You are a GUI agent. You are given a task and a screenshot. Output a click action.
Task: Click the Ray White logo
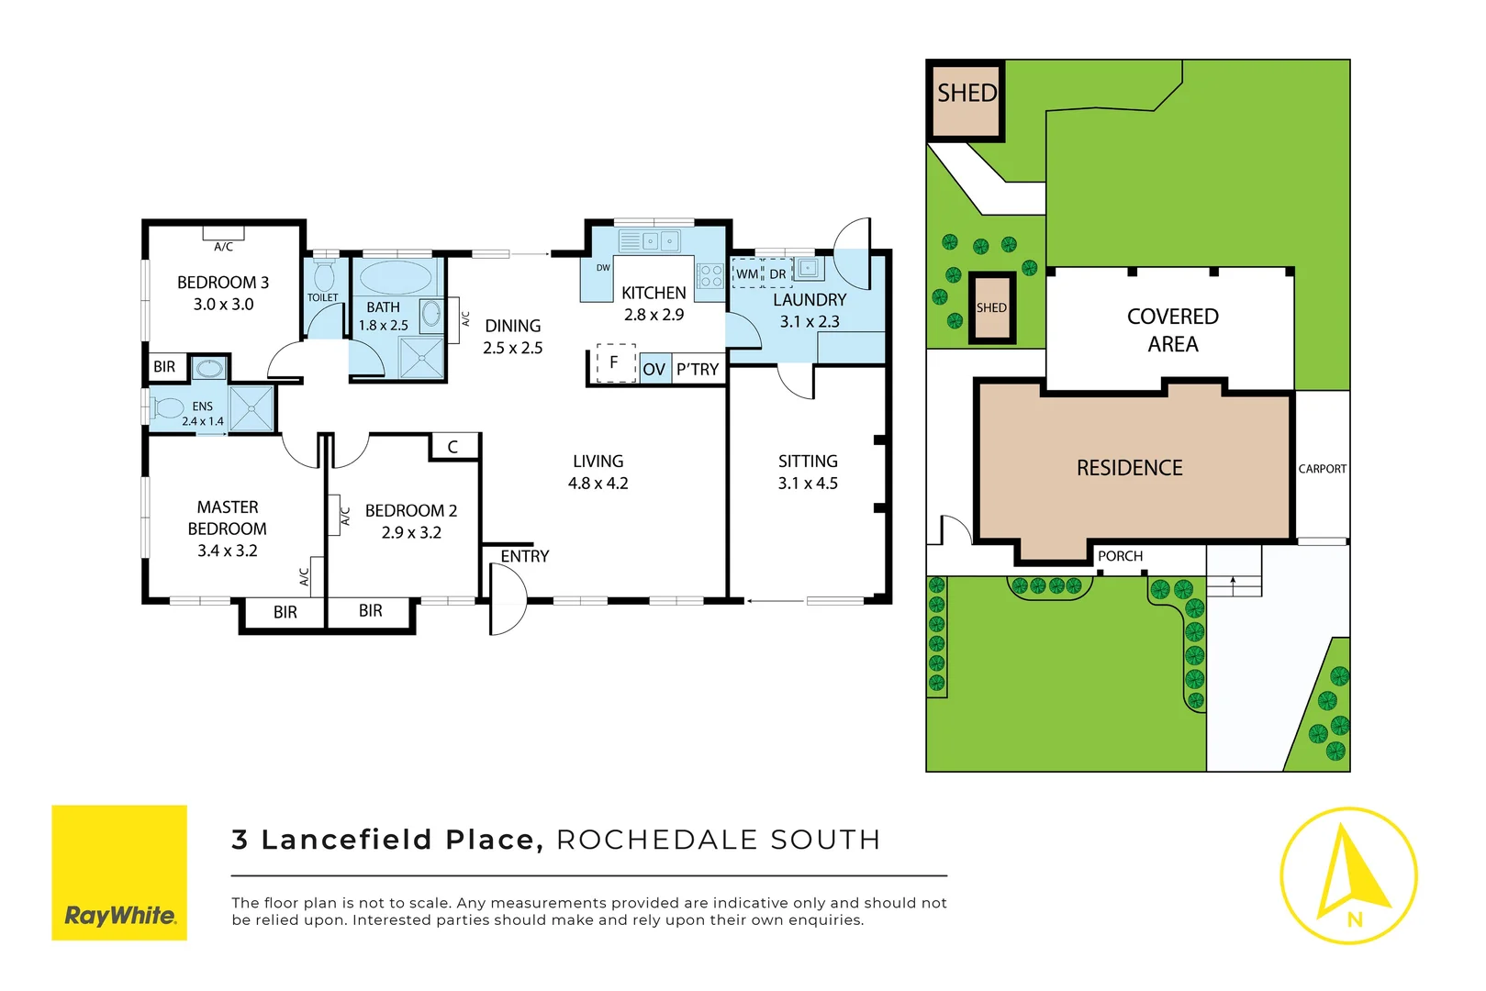pyautogui.click(x=119, y=873)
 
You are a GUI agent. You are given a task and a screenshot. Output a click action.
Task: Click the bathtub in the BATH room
pyautogui.click(x=397, y=278)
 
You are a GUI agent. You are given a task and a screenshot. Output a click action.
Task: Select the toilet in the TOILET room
pyautogui.click(x=324, y=275)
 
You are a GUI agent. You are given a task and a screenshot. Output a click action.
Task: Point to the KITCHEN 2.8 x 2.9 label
pyautogui.click(x=654, y=304)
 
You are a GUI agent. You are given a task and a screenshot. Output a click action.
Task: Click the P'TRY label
pyautogui.click(x=698, y=370)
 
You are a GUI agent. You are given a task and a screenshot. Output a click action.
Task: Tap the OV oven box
pyautogui.click(x=654, y=370)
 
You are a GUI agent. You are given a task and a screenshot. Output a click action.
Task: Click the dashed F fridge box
pyautogui.click(x=615, y=362)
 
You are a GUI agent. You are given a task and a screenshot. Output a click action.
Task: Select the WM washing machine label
pyautogui.click(x=747, y=274)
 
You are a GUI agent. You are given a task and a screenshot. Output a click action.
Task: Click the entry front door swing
pyautogui.click(x=507, y=599)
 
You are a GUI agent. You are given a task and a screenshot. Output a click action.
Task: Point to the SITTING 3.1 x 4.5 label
pyautogui.click(x=808, y=473)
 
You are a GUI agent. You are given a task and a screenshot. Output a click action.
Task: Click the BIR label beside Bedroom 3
pyautogui.click(x=164, y=367)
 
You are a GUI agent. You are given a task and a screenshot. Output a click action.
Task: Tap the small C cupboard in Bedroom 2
pyautogui.click(x=453, y=447)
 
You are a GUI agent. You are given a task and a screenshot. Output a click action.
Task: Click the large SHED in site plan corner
pyautogui.click(x=966, y=100)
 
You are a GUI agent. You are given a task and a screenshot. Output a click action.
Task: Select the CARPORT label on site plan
pyautogui.click(x=1322, y=469)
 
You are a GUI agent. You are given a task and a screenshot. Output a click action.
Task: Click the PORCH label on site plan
pyautogui.click(x=1120, y=556)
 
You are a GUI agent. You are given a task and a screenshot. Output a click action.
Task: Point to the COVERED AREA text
pyautogui.click(x=1172, y=330)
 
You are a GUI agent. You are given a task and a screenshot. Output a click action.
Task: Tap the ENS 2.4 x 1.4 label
pyautogui.click(x=203, y=414)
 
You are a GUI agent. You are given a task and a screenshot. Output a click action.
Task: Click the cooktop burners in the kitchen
pyautogui.click(x=711, y=276)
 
